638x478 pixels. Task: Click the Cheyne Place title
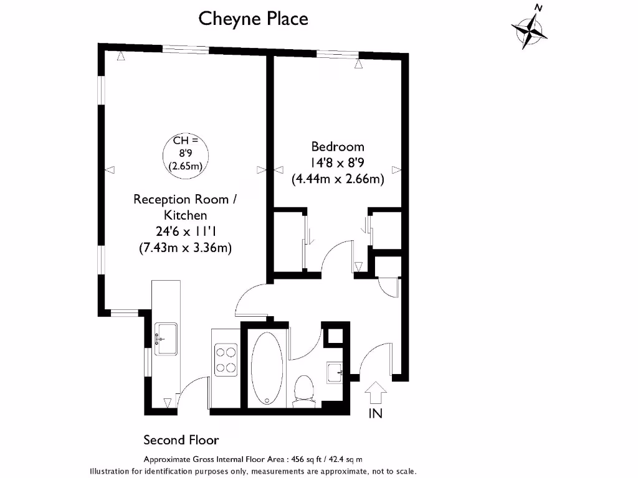[x=253, y=19]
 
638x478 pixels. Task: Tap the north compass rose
[x=530, y=28]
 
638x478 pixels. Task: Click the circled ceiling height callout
[x=185, y=155]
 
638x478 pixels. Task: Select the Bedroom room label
[x=337, y=147]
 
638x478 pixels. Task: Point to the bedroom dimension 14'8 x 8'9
[x=337, y=163]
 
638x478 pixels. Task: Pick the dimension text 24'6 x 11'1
[x=185, y=232]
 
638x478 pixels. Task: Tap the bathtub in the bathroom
[x=267, y=368]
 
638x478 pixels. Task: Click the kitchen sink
[x=166, y=339]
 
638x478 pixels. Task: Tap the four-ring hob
[x=225, y=360]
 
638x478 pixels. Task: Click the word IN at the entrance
[x=376, y=413]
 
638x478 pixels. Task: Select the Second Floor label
[x=181, y=441]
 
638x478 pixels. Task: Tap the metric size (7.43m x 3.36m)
[x=185, y=248]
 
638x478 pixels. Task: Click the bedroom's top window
[x=337, y=54]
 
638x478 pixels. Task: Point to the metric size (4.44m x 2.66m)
[x=337, y=179]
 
